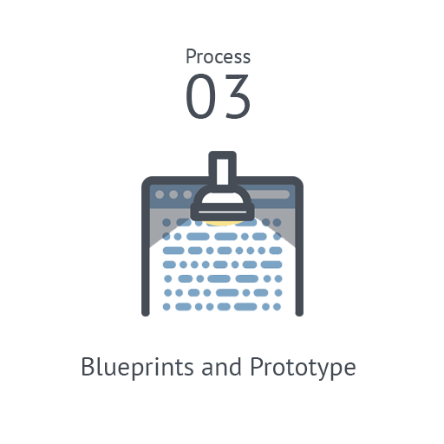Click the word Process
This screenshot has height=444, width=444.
tap(218, 56)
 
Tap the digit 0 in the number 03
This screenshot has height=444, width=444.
tap(200, 96)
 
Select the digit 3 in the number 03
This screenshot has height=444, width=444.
tap(238, 96)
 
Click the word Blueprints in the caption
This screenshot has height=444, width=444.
tap(137, 367)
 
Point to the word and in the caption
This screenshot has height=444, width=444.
tap(221, 367)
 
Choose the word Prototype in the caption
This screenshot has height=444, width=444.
tap(303, 368)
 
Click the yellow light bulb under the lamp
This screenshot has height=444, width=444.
tap(223, 223)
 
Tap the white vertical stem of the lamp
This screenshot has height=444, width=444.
tap(222, 172)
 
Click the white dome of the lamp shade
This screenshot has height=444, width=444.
tap(222, 198)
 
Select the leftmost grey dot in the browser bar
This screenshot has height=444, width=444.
tap(160, 194)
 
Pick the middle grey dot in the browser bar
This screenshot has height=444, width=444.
tap(173, 194)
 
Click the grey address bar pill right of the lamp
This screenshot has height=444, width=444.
tap(268, 194)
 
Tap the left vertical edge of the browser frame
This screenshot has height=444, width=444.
tap(146, 249)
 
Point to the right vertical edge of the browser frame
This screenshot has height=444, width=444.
tap(299, 249)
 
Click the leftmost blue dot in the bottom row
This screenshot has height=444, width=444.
tap(166, 307)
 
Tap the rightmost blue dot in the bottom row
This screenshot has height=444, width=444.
tap(277, 307)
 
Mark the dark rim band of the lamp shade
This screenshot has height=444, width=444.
tap(222, 212)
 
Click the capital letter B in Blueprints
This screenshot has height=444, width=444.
tap(88, 366)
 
